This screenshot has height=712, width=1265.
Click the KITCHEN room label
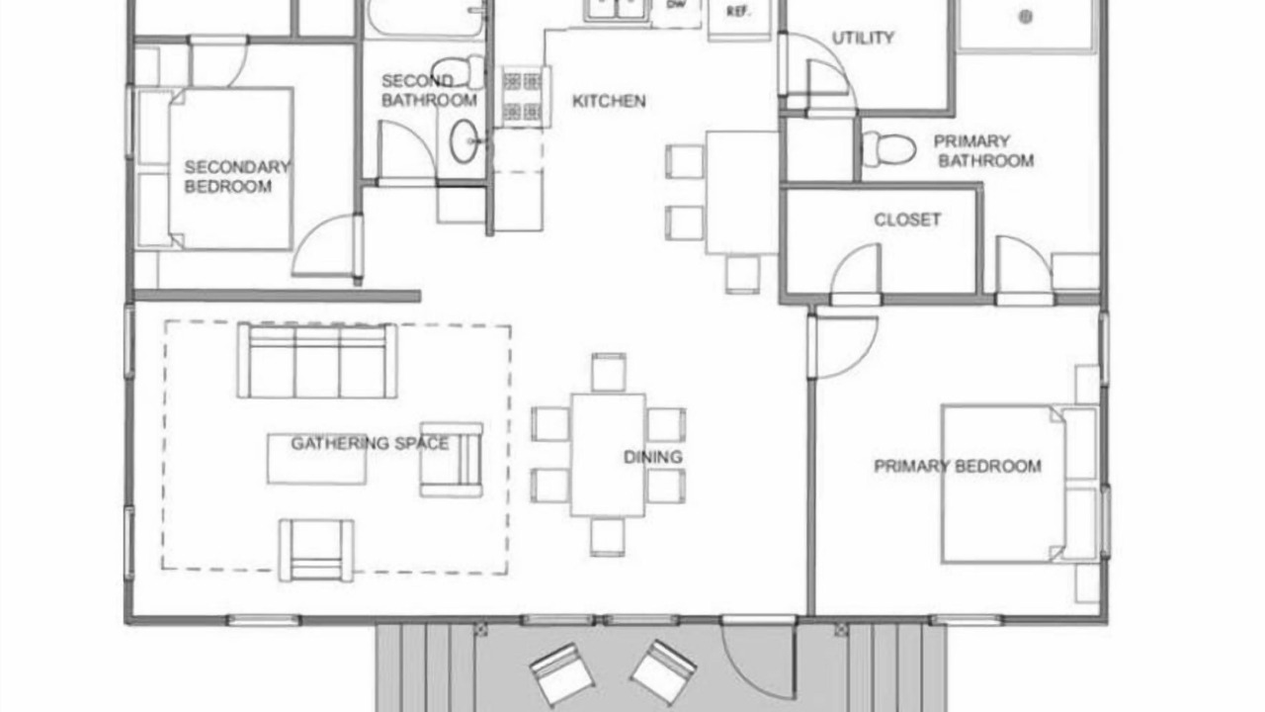click(609, 101)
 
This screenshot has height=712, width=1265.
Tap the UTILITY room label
click(863, 38)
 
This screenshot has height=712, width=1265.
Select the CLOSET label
click(907, 220)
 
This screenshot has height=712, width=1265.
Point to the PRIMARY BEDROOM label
click(958, 466)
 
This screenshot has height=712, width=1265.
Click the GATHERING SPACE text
click(370, 444)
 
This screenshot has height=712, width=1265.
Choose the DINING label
click(653, 457)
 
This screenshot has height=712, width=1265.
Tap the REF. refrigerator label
click(737, 12)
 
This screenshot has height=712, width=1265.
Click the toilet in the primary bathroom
click(888, 148)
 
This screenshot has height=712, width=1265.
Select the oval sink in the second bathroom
click(464, 141)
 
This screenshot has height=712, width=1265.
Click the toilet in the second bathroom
click(458, 72)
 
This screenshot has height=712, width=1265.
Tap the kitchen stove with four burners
click(524, 96)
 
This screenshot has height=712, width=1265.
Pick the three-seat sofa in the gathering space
click(317, 361)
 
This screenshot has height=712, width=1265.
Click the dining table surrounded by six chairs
click(608, 455)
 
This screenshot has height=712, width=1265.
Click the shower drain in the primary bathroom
click(1026, 17)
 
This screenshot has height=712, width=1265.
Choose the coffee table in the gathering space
click(317, 459)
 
